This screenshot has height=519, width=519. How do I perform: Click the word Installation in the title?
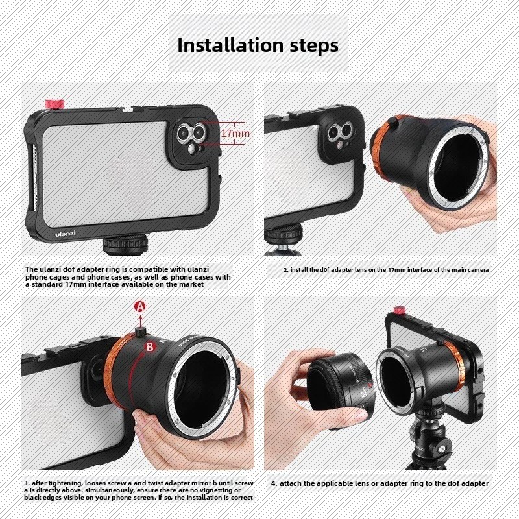[230, 45]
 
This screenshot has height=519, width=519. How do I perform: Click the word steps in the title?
[314, 45]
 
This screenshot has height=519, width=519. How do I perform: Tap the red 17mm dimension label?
[235, 134]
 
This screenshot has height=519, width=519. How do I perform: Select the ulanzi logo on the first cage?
[66, 233]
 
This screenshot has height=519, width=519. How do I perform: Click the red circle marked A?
[140, 307]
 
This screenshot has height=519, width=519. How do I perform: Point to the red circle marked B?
[150, 347]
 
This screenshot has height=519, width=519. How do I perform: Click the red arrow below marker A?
[140, 320]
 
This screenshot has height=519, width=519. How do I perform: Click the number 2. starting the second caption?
[285, 270]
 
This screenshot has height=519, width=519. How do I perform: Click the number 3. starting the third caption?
[27, 483]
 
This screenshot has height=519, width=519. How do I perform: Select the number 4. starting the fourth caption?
[274, 483]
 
